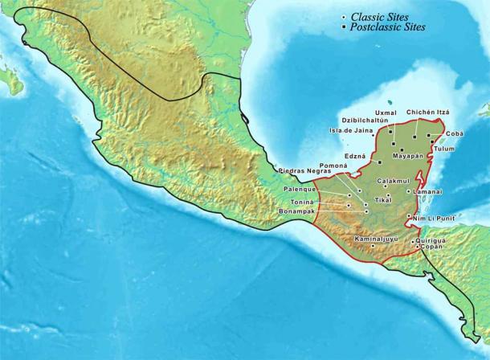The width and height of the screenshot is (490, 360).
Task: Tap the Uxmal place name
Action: click(386, 112)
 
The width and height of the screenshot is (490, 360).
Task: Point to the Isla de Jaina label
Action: click(353, 130)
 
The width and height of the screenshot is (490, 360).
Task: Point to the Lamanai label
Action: click(429, 192)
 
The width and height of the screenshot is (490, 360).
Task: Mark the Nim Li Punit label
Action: click(434, 218)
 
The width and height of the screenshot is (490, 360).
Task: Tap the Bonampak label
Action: click(299, 213)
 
